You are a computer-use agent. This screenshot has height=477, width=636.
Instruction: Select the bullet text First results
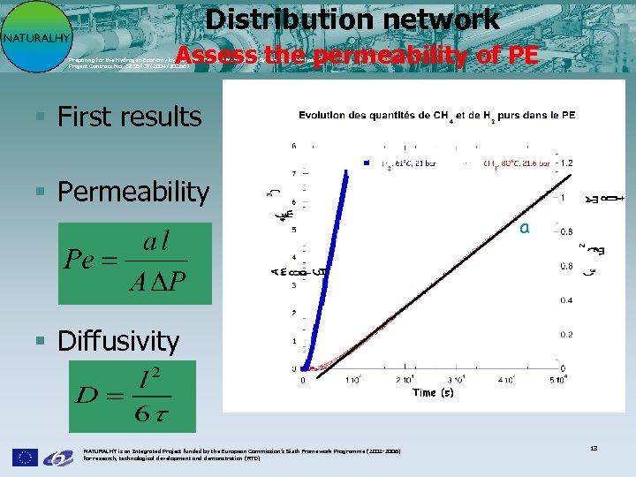129,117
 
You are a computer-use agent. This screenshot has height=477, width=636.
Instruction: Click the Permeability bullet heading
132,192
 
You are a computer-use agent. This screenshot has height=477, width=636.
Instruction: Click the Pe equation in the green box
134,263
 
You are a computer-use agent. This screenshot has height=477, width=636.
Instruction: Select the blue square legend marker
366,162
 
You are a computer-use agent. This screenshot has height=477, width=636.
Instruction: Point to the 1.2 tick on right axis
567,163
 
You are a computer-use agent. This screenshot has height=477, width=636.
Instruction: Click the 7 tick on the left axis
294,173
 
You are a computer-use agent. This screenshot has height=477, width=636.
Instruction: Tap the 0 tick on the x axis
304,380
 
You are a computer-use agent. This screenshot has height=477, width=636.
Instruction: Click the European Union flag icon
25,457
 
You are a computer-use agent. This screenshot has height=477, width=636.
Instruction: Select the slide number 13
594,449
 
